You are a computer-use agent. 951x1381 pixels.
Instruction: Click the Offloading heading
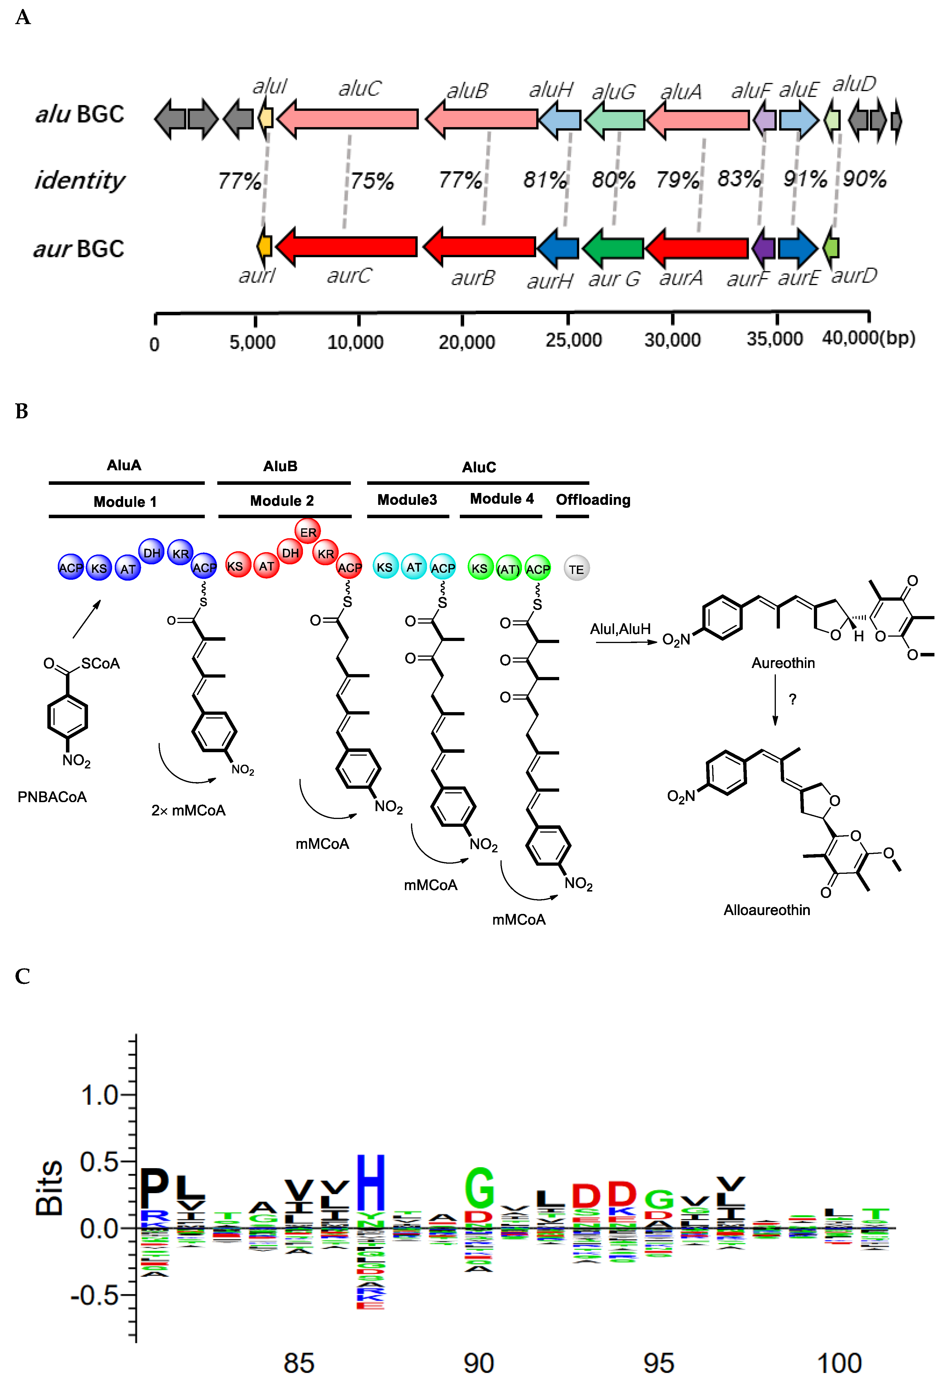593,500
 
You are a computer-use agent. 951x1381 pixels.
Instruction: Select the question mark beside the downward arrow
792,699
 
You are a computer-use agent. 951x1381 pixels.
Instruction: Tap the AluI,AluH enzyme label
620,629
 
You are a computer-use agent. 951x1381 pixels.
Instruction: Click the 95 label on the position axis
658,1362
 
